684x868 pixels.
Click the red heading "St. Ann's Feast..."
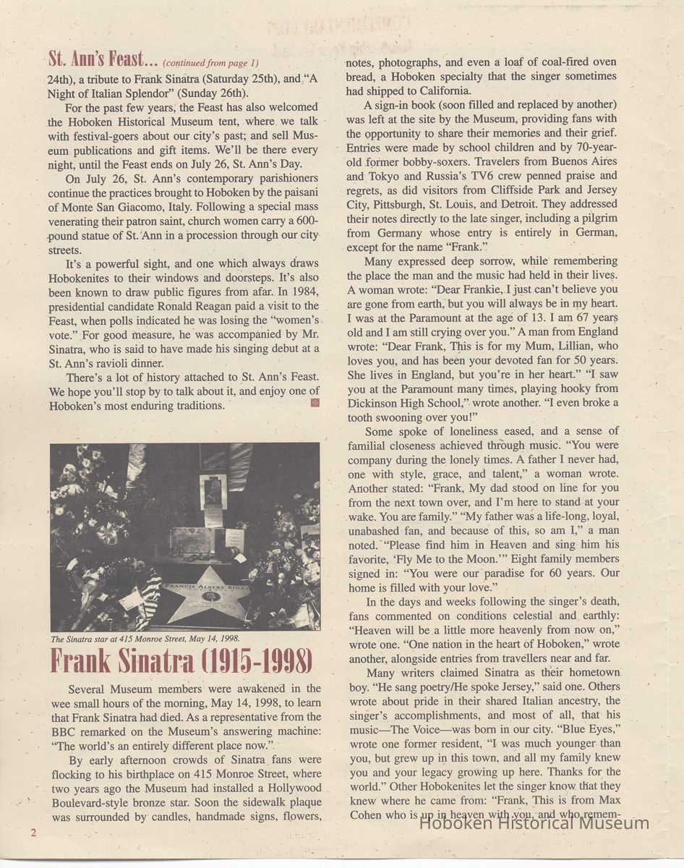pos(103,59)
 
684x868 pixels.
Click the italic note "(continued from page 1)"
pos(211,63)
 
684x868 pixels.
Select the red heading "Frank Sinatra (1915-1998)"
pos(181,661)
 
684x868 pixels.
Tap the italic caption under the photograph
pos(145,639)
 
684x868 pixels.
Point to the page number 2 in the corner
pos(33,833)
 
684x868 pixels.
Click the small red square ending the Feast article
pos(314,403)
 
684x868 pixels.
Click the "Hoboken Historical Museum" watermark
pos(534,822)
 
